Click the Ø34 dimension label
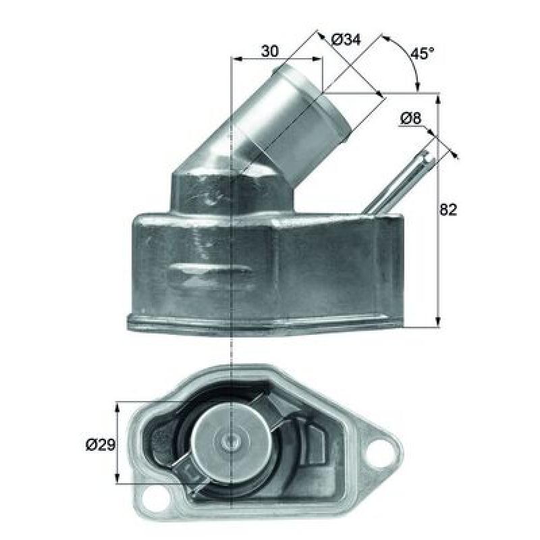coord(346,40)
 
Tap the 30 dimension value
coord(269,51)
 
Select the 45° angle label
coord(423,53)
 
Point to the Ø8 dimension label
coord(410,119)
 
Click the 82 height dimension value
coord(448,209)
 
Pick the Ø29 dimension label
coord(100,446)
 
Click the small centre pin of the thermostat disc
coord(229,440)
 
